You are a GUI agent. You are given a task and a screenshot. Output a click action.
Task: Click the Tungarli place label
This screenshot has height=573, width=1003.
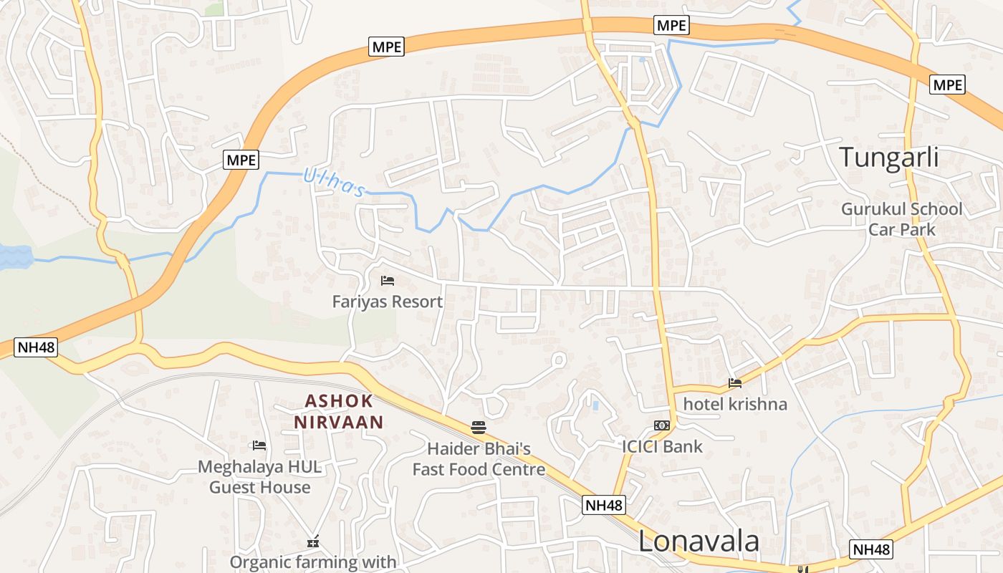click(x=888, y=157)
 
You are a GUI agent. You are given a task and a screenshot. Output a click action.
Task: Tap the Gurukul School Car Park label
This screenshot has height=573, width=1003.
click(x=902, y=219)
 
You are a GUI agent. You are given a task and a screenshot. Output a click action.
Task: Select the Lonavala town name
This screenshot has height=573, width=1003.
click(x=699, y=541)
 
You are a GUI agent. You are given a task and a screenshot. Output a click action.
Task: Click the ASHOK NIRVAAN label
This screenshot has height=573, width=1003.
click(x=339, y=412)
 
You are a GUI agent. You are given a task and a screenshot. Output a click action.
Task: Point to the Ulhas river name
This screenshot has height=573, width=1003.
click(x=334, y=182)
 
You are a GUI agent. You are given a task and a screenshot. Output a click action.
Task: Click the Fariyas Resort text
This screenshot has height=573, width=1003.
click(x=388, y=302)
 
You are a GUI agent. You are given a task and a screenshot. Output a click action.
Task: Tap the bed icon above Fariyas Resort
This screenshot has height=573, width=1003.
click(x=388, y=281)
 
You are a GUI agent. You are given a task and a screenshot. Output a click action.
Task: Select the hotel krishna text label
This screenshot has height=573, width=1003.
click(x=735, y=404)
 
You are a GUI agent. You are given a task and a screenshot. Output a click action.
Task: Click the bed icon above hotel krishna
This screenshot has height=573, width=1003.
click(x=734, y=383)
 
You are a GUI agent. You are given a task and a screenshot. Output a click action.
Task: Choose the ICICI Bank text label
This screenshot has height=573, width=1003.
click(x=662, y=447)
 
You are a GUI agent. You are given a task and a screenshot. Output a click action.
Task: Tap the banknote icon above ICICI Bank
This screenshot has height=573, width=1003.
click(x=662, y=425)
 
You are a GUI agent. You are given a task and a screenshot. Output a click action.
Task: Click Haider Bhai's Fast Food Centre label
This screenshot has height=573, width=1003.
click(x=479, y=459)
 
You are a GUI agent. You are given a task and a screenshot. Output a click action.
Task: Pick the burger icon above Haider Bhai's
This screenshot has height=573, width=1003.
click(x=479, y=428)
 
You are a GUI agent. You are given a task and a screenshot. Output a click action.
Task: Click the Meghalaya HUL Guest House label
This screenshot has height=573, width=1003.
click(x=259, y=477)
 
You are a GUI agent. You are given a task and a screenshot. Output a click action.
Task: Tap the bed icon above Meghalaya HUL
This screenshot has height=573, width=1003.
click(x=259, y=446)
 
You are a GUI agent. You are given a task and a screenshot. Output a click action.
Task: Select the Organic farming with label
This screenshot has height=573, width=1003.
click(x=313, y=562)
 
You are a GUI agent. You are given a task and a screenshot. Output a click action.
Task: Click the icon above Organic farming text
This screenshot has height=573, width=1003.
click(x=313, y=541)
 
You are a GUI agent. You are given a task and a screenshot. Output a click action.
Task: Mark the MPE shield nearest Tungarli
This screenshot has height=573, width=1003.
click(x=947, y=85)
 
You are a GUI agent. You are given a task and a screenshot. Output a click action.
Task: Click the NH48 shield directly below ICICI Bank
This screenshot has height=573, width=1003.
click(x=604, y=505)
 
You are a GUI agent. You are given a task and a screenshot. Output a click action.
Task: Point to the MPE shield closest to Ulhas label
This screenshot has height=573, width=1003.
click(x=241, y=160)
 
